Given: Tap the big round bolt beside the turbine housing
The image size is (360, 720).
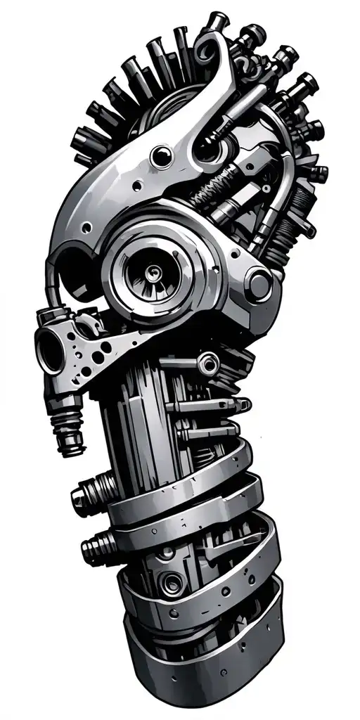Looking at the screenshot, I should click(x=259, y=285).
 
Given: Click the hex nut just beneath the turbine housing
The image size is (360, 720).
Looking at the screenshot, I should click(x=207, y=364).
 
